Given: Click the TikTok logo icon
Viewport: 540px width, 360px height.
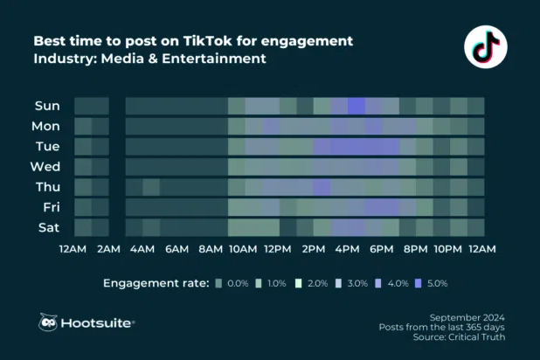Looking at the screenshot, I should [x=484, y=47].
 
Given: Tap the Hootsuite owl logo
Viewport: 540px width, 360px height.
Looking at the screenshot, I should [x=48, y=322].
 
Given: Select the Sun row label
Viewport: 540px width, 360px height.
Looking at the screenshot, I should [x=47, y=107].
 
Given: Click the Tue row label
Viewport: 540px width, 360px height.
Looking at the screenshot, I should [x=47, y=147].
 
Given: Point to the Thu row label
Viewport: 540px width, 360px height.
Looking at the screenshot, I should [x=47, y=187].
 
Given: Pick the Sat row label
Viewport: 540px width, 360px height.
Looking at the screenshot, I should [x=48, y=227].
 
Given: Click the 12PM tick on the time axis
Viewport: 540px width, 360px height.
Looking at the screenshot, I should [x=277, y=250].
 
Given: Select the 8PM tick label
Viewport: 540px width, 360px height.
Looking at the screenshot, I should [x=414, y=250].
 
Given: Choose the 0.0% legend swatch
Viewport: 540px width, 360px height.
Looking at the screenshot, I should [x=218, y=284].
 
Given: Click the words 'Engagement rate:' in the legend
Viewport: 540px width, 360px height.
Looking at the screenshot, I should [x=156, y=284].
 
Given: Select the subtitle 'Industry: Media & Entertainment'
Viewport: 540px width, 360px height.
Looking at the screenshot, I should [x=149, y=59].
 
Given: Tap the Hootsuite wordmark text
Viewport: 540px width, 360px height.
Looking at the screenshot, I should [x=98, y=323].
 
